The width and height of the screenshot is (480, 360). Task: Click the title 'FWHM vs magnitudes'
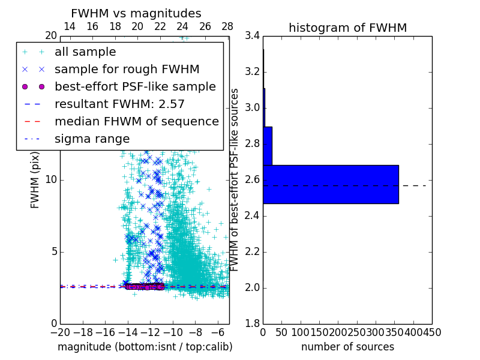point(136,13)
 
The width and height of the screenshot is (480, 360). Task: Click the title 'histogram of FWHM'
point(347,28)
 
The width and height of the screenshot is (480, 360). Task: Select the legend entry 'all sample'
point(85,52)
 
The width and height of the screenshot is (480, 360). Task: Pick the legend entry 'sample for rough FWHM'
point(127,69)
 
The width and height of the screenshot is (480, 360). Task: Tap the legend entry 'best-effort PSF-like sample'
point(135,86)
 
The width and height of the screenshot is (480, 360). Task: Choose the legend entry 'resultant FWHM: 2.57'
point(119,104)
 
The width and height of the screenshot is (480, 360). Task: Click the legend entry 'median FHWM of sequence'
point(137,121)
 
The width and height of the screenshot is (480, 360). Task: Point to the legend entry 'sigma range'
point(92,139)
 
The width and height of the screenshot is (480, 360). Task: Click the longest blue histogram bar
point(331,184)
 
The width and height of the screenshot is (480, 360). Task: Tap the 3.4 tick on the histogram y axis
point(253,36)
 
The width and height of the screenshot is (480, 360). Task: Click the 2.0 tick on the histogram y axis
point(253,287)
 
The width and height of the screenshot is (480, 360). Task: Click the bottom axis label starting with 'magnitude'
point(145,347)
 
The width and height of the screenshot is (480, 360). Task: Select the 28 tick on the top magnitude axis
point(227,26)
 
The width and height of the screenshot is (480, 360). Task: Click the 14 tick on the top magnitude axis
point(70,26)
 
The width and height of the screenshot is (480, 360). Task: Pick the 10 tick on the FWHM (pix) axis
point(50,179)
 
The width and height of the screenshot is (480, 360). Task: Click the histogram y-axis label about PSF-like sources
point(235,180)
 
